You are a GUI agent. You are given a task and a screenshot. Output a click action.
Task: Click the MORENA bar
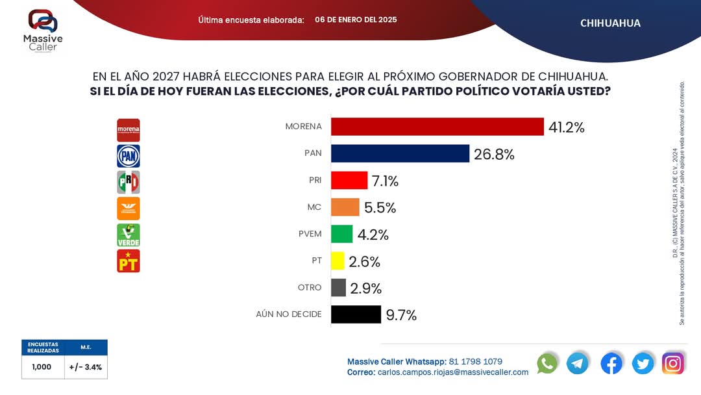437,127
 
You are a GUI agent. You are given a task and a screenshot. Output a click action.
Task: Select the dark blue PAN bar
400,153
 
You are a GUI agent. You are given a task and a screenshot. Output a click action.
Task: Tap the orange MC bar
345,207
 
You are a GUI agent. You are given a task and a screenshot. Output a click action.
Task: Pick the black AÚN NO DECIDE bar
356,314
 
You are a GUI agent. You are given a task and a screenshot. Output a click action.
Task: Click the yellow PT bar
338,261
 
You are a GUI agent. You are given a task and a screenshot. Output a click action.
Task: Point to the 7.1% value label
385,181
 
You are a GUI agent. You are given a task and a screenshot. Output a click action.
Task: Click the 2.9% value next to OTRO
365,288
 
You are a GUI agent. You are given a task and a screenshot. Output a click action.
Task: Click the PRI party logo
128,183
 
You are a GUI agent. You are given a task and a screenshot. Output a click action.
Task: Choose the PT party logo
128,261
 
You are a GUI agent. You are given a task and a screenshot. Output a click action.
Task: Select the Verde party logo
128,235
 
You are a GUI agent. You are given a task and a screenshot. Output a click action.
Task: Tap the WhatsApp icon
547,363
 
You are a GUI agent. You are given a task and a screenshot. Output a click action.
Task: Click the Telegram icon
577,363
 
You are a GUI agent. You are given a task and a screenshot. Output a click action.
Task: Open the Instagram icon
673,363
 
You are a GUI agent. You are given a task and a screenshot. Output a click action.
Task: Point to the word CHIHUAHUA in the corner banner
610,23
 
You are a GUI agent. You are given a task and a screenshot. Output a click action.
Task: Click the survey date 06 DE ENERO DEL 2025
356,19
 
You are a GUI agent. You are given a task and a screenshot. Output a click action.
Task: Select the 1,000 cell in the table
43,366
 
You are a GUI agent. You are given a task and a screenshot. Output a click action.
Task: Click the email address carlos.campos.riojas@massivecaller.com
453,372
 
